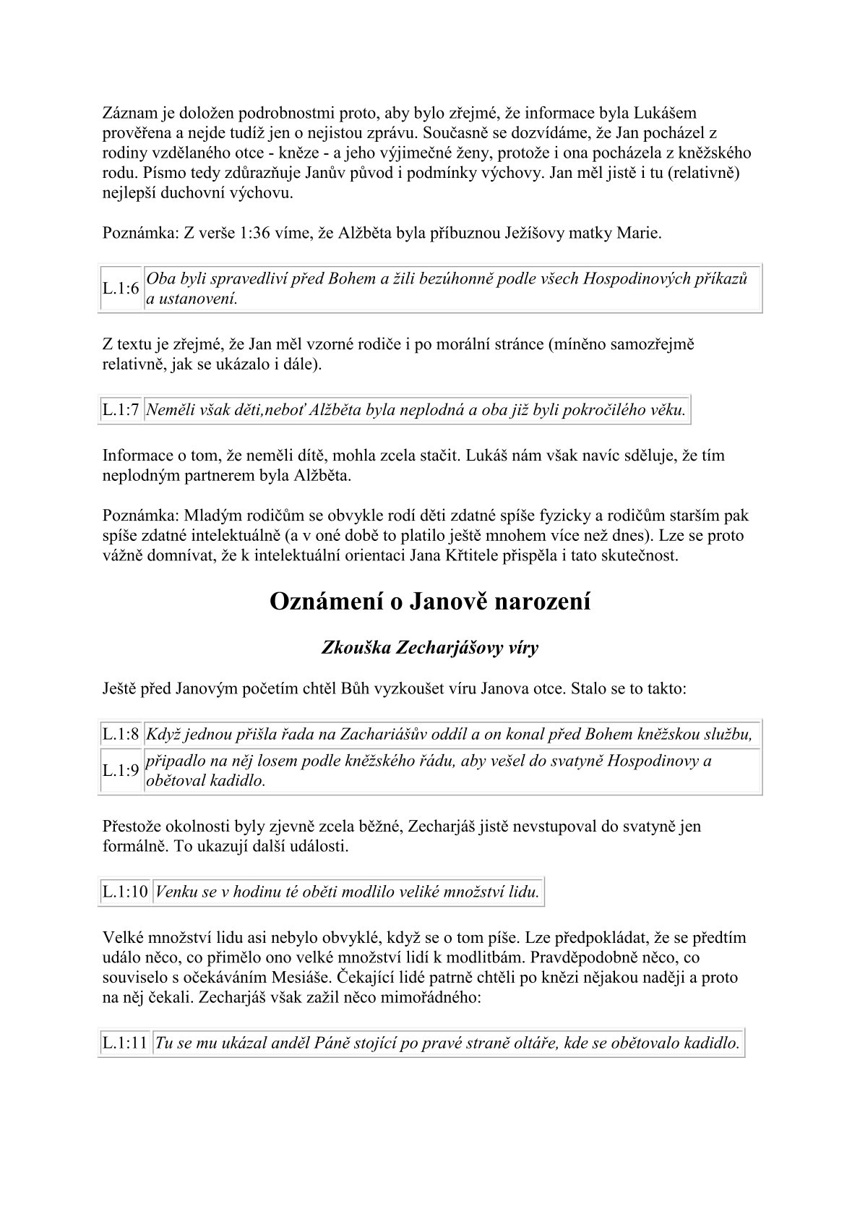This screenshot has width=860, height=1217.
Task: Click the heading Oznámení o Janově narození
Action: (x=429, y=602)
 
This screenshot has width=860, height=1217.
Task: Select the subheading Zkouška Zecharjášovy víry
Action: (x=429, y=647)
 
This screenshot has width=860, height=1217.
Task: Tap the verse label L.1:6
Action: (x=120, y=289)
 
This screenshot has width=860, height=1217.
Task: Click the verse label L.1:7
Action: (x=120, y=410)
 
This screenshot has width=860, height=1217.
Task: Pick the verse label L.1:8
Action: (x=120, y=735)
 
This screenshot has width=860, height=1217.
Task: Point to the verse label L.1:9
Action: (x=120, y=771)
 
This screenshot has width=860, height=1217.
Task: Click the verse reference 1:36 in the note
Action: (x=236, y=234)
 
